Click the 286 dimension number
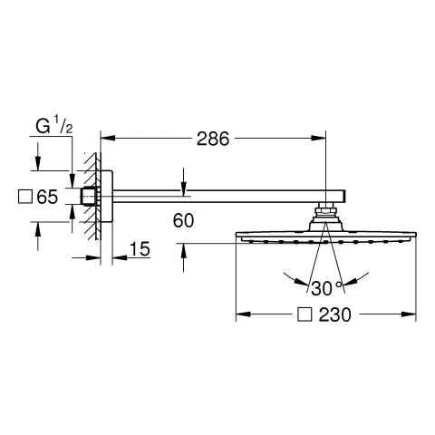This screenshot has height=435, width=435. [213, 139]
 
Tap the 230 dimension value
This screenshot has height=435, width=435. [335, 314]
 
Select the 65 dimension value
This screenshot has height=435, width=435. [47, 197]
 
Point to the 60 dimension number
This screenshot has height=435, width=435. [183, 220]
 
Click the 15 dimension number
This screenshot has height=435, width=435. [140, 249]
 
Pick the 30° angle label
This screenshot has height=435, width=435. [326, 288]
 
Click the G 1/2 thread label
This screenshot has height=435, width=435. [54, 126]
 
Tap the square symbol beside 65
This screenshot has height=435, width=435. [25, 197]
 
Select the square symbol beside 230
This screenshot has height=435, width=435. [304, 314]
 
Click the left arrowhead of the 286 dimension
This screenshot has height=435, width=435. [108, 139]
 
